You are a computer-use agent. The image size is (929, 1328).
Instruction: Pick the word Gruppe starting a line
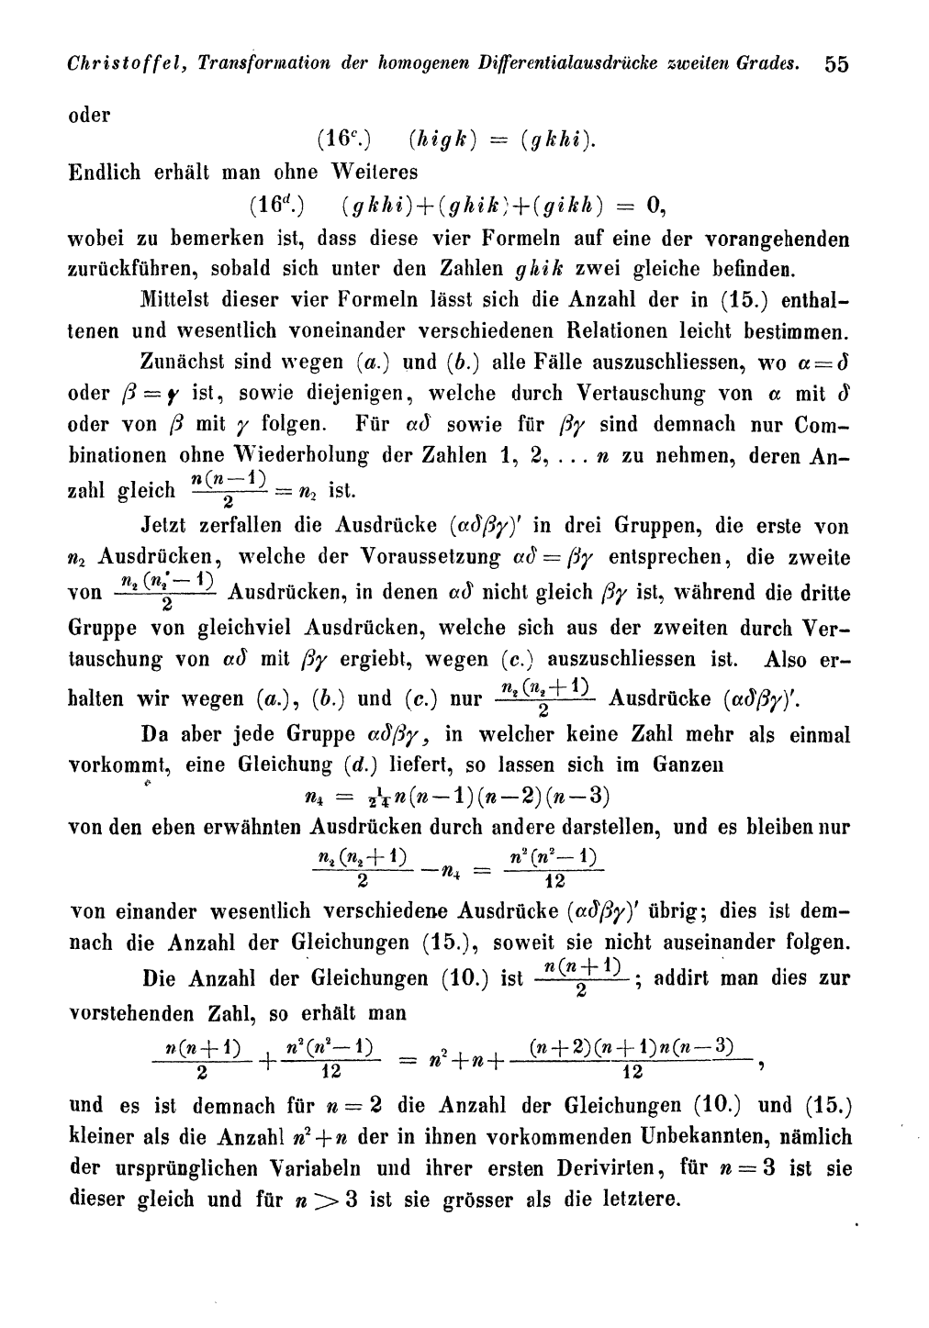[102, 629]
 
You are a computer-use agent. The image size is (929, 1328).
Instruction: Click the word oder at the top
[89, 115]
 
